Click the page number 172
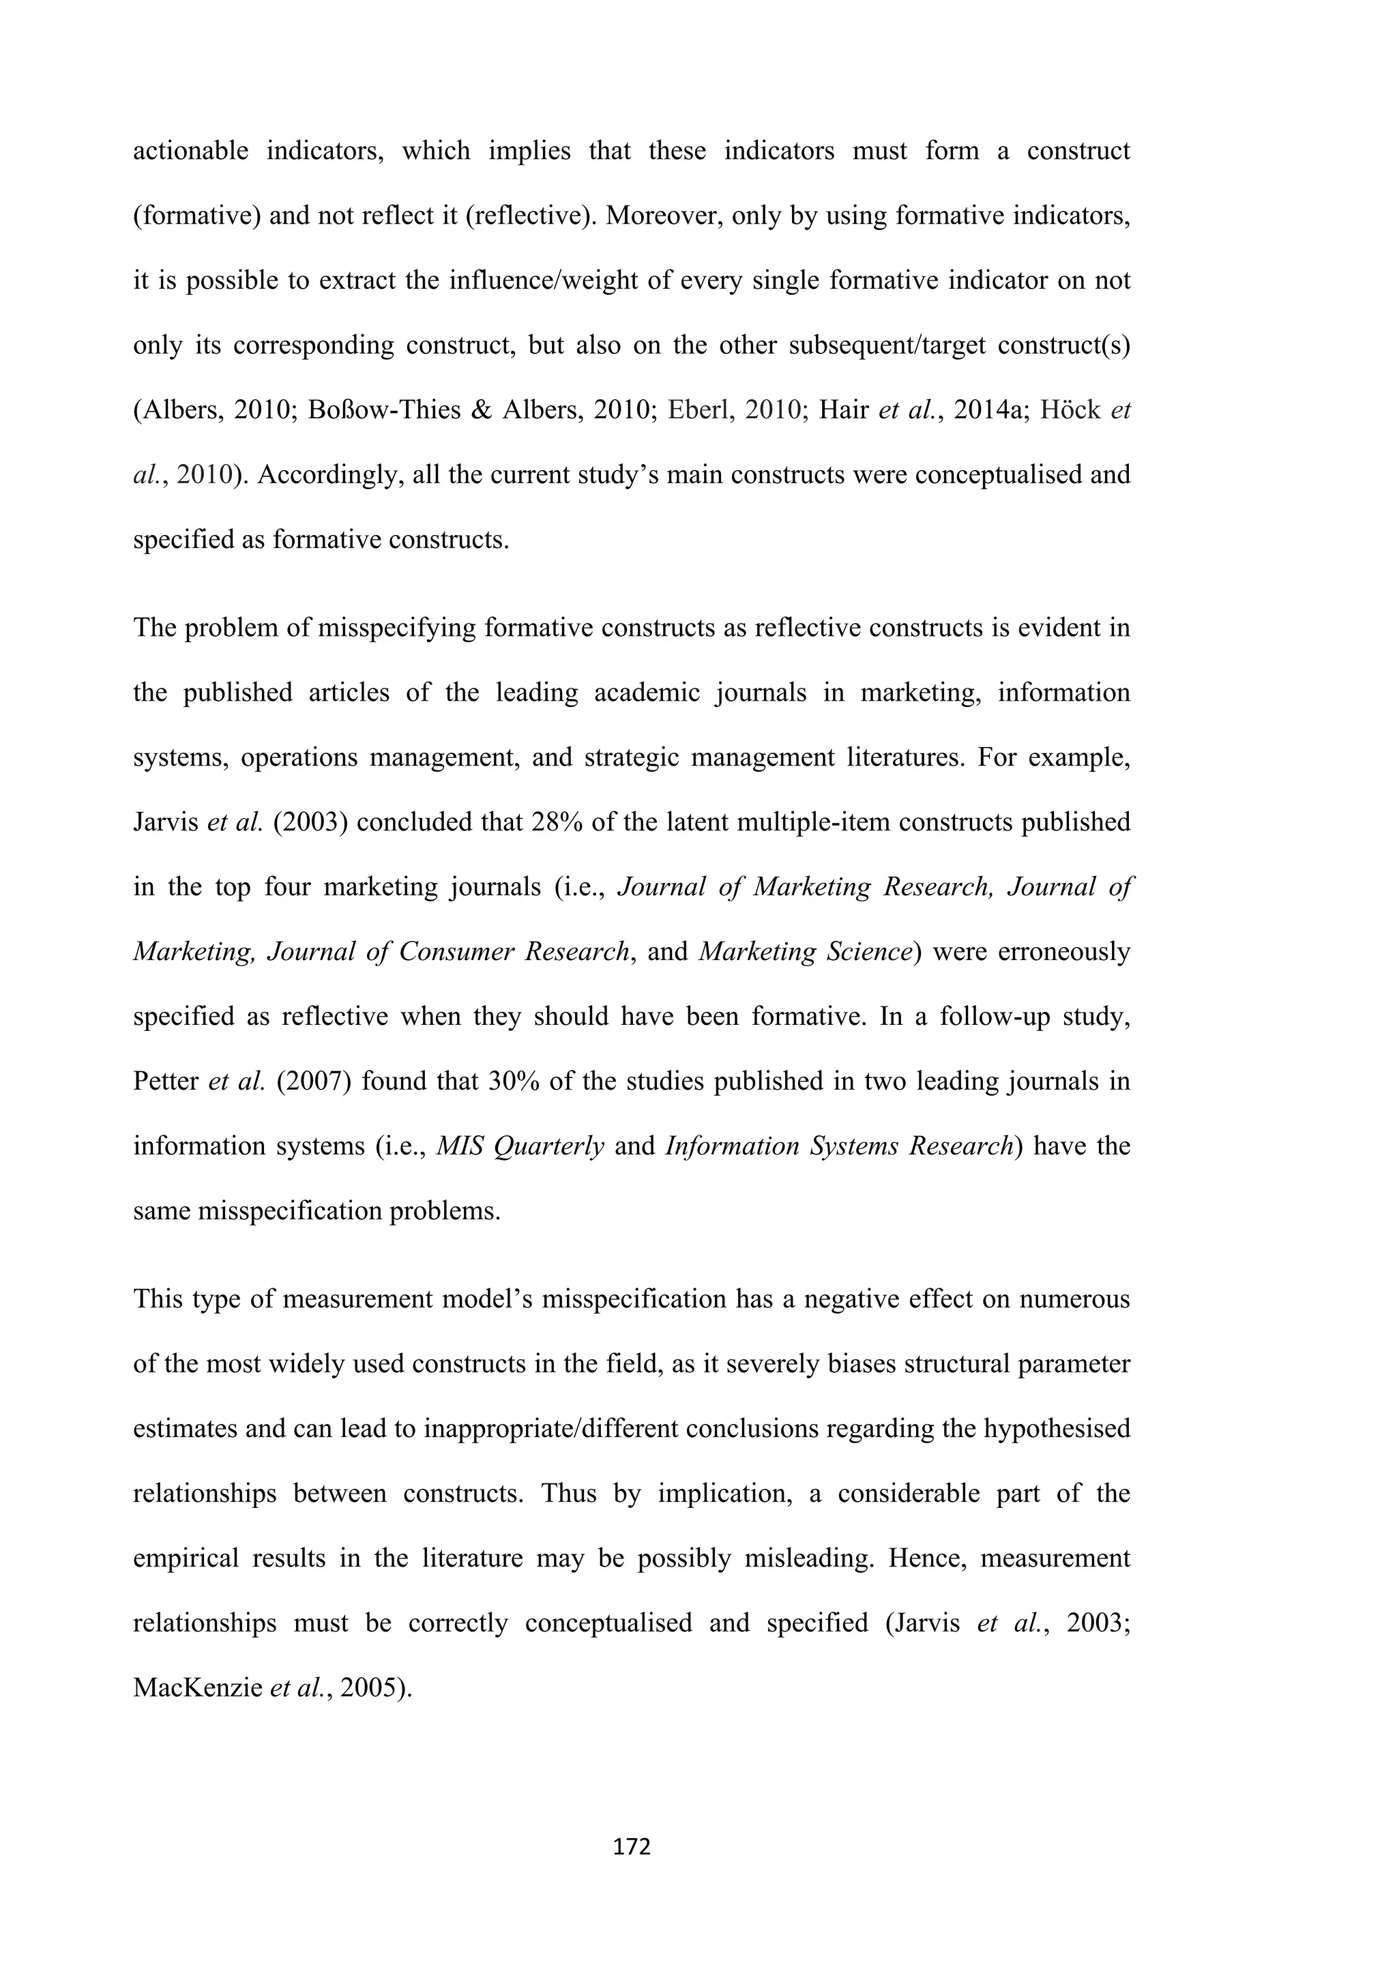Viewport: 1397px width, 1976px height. (632, 1846)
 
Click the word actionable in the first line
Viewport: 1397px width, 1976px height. (190, 151)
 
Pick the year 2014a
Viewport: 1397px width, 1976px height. (985, 409)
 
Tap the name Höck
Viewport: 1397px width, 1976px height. (1070, 409)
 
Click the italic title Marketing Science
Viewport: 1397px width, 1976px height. (805, 952)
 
